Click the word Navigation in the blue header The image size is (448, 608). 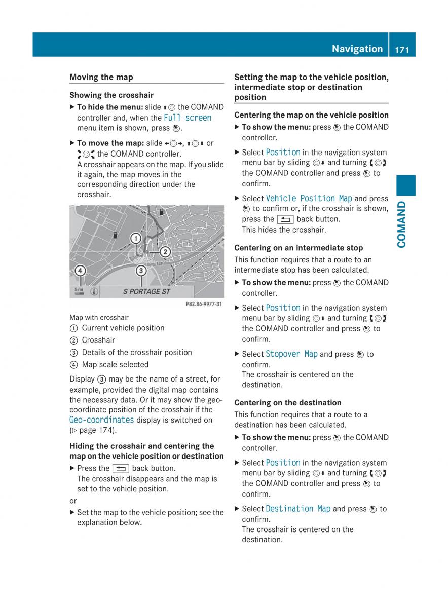click(x=357, y=49)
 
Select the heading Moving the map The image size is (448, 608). click(x=101, y=77)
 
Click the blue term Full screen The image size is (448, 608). click(x=188, y=118)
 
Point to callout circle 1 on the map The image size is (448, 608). click(x=136, y=238)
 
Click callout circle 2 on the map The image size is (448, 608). click(x=165, y=252)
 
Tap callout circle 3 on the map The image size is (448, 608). click(x=141, y=271)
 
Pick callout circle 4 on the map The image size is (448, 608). click(x=80, y=271)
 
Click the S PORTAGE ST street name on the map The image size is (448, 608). click(x=146, y=291)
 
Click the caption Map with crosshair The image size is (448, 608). click(x=99, y=318)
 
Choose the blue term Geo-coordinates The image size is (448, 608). click(x=102, y=420)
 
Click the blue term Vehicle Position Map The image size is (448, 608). click(x=309, y=199)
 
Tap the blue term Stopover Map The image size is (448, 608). click(x=291, y=354)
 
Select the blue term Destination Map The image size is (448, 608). click(x=298, y=509)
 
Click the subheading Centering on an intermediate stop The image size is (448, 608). click(x=298, y=248)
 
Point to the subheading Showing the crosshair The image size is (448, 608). click(x=111, y=95)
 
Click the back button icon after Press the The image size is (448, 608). click(x=121, y=469)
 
